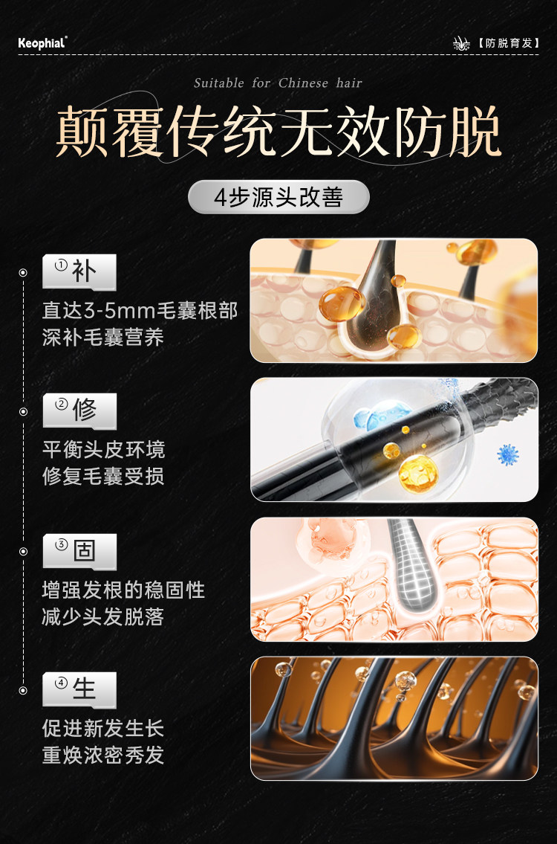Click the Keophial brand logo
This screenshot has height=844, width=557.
[x=42, y=43]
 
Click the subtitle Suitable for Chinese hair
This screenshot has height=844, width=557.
[x=278, y=83]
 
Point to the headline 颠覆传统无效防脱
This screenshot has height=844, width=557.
[x=278, y=132]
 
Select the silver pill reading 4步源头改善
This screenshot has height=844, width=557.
[x=278, y=198]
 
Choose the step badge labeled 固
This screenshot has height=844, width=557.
[x=79, y=551]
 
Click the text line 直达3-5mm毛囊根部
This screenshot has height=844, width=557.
[x=140, y=310]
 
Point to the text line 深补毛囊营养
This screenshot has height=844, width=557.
[x=103, y=338]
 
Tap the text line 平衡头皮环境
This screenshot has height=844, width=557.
[x=103, y=450]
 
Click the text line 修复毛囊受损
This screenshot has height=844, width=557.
[x=103, y=477]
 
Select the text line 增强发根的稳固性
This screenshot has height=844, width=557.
[x=123, y=590]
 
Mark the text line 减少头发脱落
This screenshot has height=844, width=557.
[x=103, y=616]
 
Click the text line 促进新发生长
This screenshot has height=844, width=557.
[x=103, y=729]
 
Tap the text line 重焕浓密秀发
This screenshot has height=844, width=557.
[x=103, y=756]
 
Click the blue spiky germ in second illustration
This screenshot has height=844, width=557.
[x=508, y=454]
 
